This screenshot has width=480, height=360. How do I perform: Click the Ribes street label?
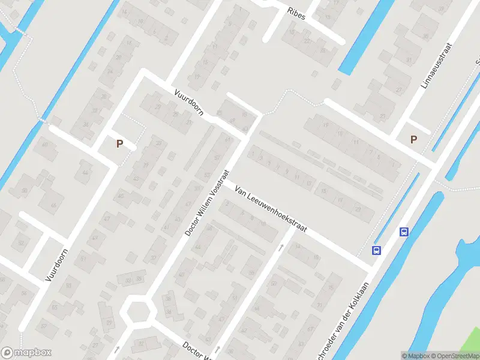click(296, 14)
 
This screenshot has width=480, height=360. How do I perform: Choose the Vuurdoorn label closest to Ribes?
click(190, 103)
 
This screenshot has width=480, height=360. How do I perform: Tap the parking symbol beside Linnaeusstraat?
click(413, 139)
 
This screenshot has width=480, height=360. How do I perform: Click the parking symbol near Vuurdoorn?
click(119, 143)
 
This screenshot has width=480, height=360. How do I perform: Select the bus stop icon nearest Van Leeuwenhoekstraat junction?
click(376, 251)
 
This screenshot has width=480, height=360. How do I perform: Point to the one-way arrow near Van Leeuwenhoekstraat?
click(281, 247)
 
